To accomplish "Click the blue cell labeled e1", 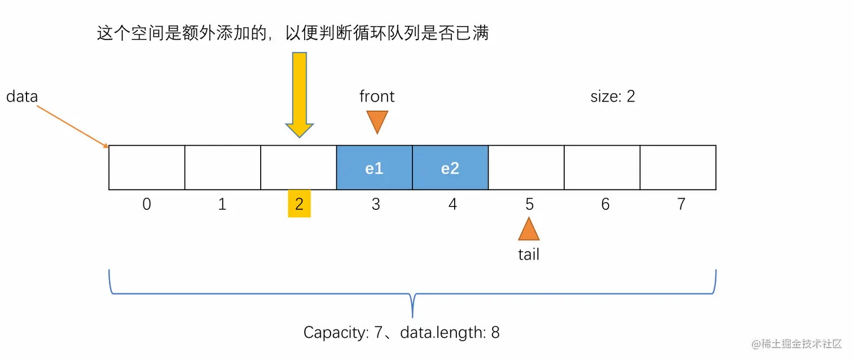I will click(x=375, y=168).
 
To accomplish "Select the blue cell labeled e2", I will click(x=450, y=168).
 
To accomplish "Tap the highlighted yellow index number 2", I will click(x=299, y=204).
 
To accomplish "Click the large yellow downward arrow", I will click(x=299, y=93).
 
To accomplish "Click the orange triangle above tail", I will click(x=529, y=230).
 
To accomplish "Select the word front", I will click(x=377, y=96).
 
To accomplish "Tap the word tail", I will click(x=529, y=254).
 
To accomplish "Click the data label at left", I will click(x=22, y=96).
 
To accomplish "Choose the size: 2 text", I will click(x=613, y=96).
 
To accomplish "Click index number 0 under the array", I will click(x=147, y=204).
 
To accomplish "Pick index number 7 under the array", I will click(x=681, y=204).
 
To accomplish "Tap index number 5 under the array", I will click(x=529, y=204).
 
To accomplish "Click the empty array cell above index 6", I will click(x=603, y=168).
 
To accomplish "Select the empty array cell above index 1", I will click(x=222, y=168).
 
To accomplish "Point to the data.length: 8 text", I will click(x=450, y=332).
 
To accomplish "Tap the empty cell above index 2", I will click(x=298, y=168).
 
